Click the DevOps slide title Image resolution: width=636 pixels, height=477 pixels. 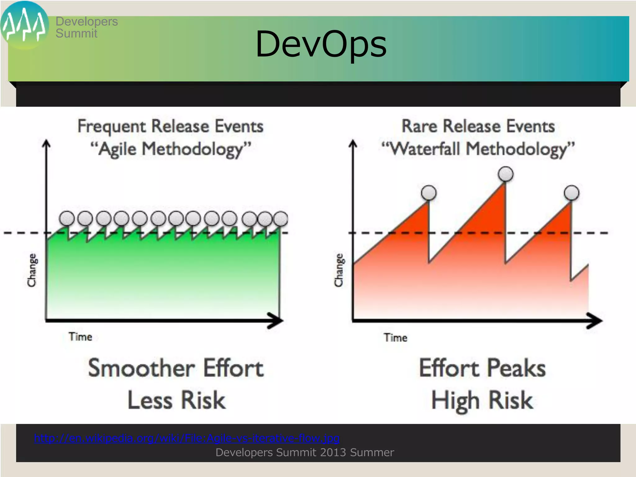pos(321,44)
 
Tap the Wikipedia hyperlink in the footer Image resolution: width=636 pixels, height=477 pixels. pos(187,438)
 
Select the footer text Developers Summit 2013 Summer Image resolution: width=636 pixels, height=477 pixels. pos(305,452)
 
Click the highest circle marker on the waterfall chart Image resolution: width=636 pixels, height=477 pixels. pos(506,174)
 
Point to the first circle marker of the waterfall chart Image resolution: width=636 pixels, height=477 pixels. pos(429,193)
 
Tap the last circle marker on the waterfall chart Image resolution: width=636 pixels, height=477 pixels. pos(572,193)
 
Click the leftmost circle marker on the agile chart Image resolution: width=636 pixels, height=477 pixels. pos(67,218)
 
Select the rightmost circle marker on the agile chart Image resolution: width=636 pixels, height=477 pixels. pos(281,218)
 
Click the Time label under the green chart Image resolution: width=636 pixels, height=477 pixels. pos(80,337)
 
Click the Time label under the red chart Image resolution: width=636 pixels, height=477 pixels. pos(395,338)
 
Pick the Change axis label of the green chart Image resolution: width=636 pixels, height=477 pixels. pos(32,270)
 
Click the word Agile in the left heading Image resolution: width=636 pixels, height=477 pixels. pos(117,149)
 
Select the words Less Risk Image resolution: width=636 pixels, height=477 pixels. pos(176,400)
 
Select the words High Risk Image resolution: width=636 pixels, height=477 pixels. pos(482,400)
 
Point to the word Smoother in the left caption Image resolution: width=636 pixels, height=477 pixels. pos(141,368)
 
